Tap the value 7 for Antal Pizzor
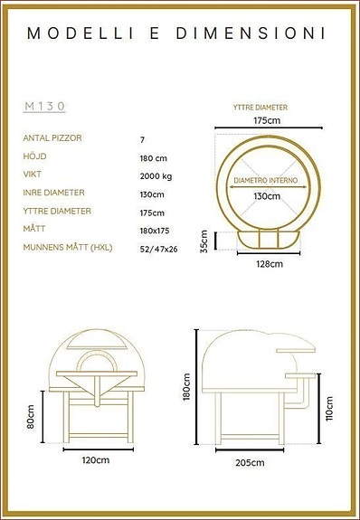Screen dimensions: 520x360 pos(142,139)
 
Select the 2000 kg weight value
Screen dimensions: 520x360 pos(156,175)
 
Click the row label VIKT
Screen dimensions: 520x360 pos(33,175)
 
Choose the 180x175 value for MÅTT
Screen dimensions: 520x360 pos(155,229)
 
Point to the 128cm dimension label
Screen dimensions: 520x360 pos(269,263)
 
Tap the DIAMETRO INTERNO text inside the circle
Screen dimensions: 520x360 pos(267,180)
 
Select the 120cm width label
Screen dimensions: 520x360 pos(95,460)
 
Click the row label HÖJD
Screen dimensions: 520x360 pos(35,157)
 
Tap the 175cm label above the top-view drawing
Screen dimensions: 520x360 pos(266,119)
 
